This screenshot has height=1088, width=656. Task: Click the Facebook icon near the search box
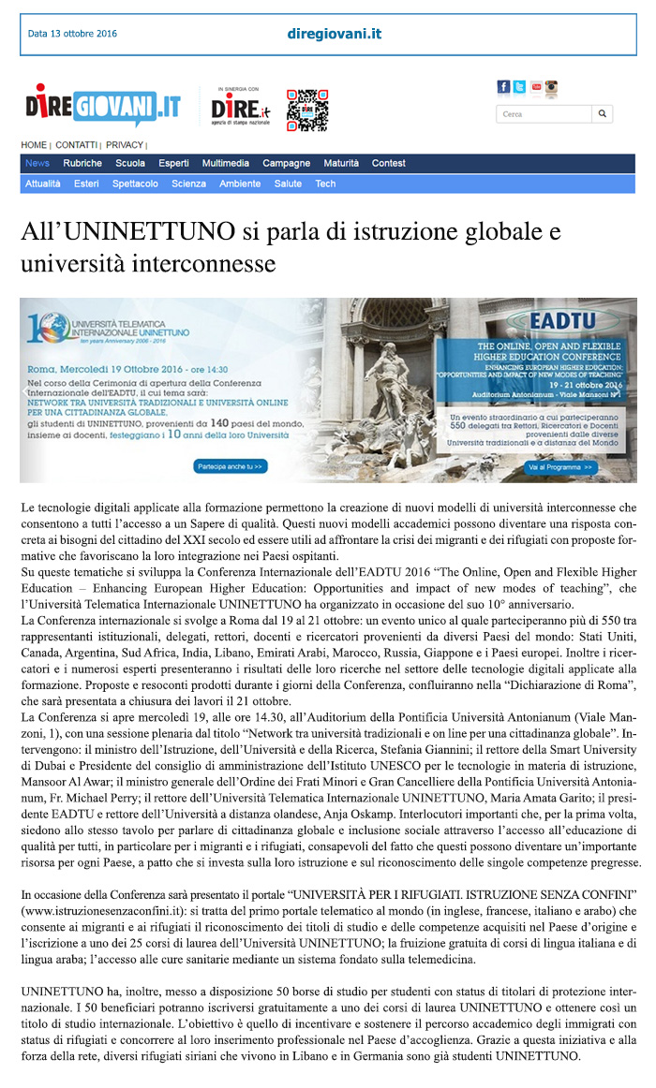click(503, 87)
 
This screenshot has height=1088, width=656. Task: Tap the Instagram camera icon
click(551, 87)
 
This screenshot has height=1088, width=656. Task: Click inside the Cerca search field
click(544, 114)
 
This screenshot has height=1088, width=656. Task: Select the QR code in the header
click(306, 110)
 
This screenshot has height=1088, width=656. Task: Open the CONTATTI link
click(76, 145)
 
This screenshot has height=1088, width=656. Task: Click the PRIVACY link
click(125, 145)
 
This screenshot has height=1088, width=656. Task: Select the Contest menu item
click(389, 163)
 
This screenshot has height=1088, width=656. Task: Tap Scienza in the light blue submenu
click(188, 184)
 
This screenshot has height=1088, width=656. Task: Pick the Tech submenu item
click(325, 184)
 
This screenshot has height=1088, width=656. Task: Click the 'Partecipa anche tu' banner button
click(230, 465)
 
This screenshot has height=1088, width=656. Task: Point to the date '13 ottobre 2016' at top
click(83, 34)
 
